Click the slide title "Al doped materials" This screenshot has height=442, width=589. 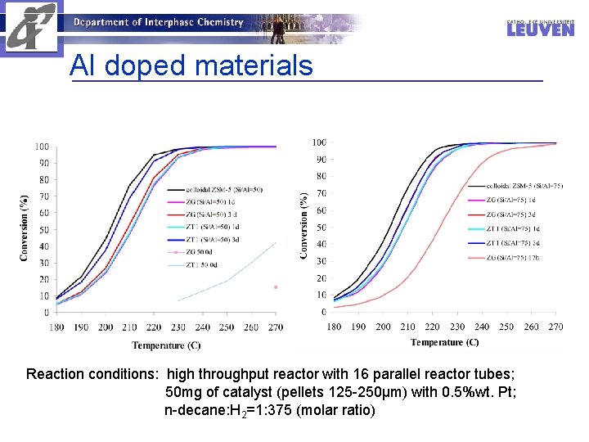coord(191,65)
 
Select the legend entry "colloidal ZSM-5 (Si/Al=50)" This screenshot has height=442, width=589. coord(223,190)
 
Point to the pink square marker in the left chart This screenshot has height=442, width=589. coord(276,287)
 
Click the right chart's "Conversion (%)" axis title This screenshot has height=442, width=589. coord(304,226)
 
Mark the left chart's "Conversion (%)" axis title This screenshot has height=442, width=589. coord(24,228)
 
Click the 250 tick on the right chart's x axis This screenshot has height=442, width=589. coord(506,327)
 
